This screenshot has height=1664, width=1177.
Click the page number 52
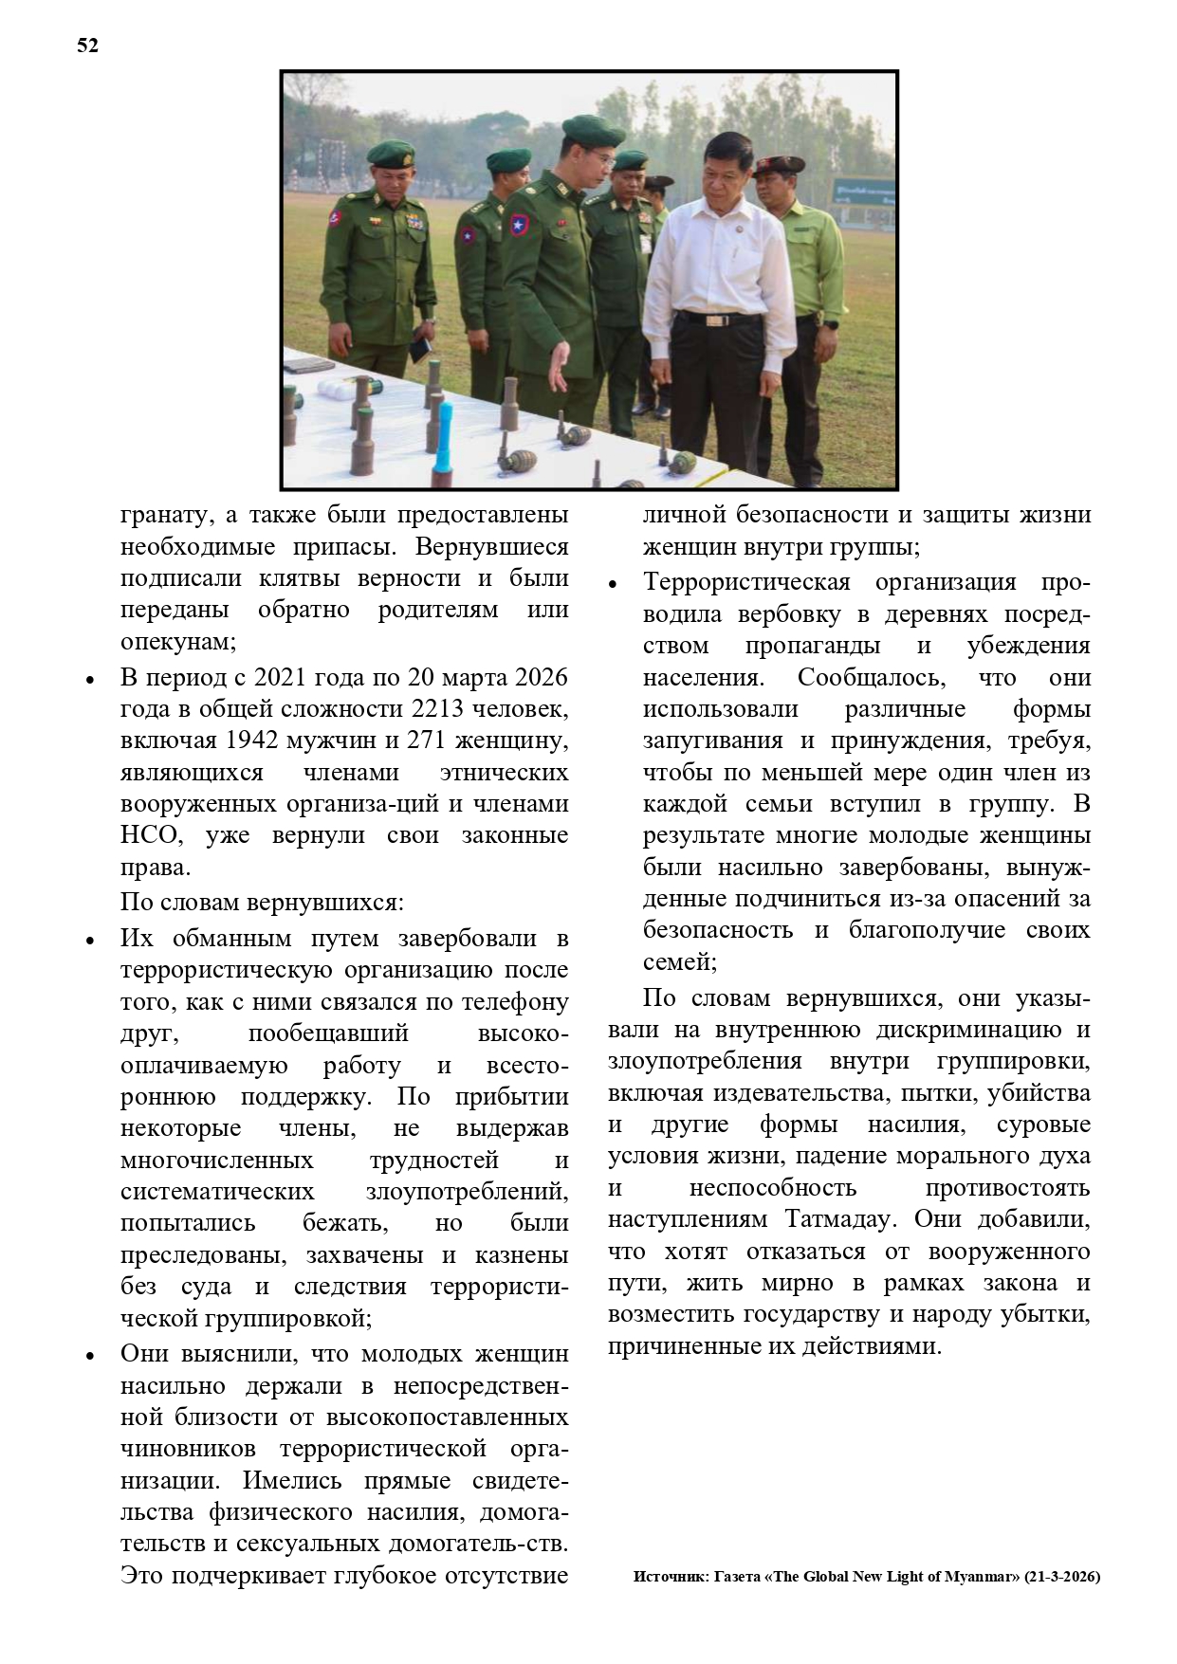click(87, 46)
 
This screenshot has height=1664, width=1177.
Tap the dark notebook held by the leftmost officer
click(418, 349)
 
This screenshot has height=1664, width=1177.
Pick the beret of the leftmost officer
click(391, 152)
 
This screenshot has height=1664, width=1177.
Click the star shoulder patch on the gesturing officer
click(518, 227)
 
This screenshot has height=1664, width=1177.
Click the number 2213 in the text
click(442, 709)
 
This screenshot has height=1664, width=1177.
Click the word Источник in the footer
click(668, 1577)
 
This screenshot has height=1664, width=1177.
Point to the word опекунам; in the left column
click(177, 642)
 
